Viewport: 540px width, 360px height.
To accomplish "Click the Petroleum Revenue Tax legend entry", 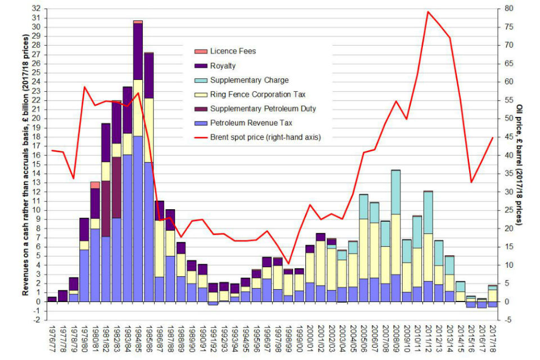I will pos(250,123).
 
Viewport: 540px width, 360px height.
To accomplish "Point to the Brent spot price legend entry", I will pos(264,137).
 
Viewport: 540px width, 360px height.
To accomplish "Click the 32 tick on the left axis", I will pos(37,9).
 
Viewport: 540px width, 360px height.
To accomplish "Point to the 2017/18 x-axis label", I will pos(492,339).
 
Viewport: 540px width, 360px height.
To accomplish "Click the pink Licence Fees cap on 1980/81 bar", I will pos(95,185).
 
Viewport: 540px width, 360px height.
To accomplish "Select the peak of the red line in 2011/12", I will pos(428,11).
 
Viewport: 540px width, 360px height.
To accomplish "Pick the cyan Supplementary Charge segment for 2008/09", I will pos(396,192).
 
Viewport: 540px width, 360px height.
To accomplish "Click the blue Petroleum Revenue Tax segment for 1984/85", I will pos(138,219).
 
